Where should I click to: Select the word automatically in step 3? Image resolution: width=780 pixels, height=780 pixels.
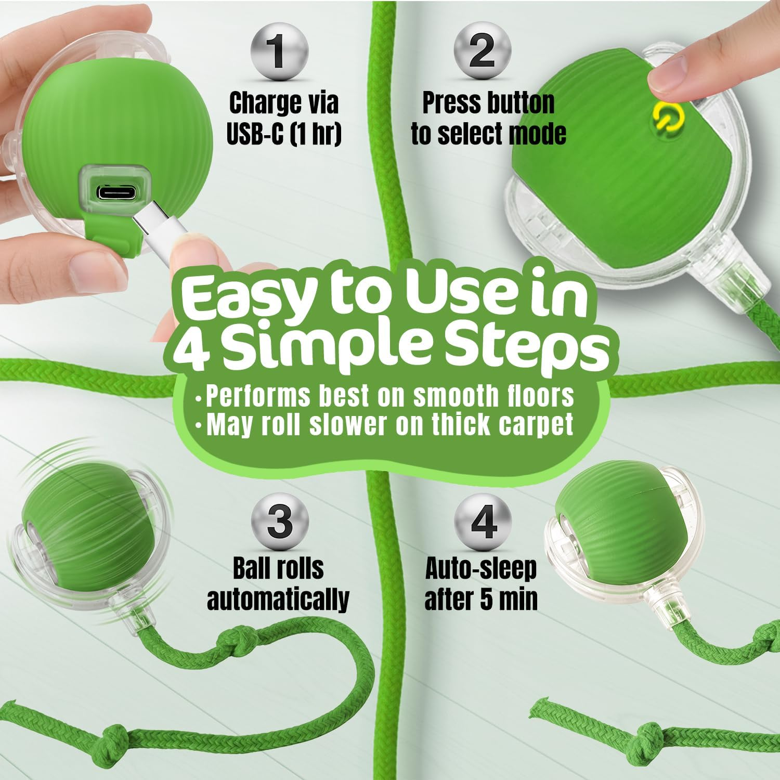(278, 599)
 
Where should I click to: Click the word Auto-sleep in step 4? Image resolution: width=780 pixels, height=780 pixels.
(481, 569)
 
